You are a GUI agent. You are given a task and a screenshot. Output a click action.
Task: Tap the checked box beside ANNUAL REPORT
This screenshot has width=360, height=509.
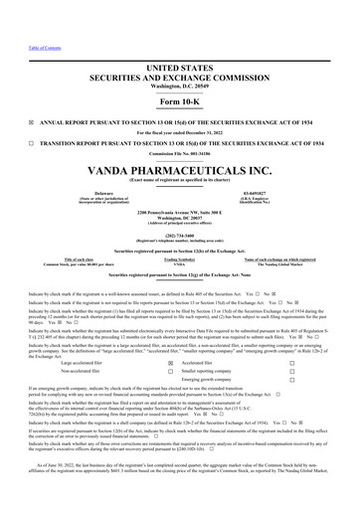click(x=12, y=94)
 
